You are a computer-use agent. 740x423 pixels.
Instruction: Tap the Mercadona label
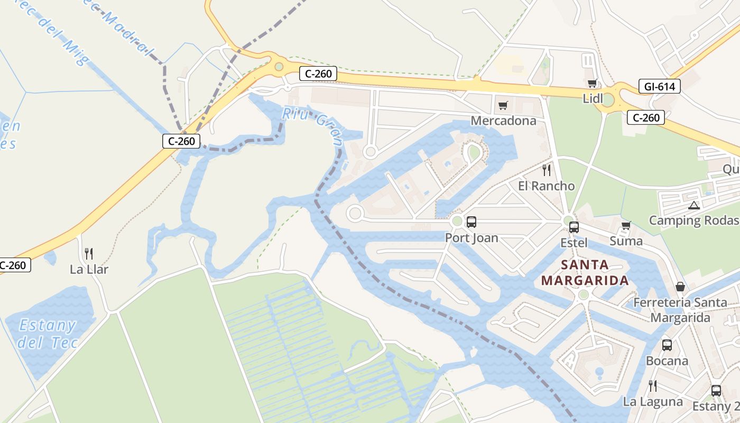tap(503, 121)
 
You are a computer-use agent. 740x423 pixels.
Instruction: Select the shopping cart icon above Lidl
tap(592, 83)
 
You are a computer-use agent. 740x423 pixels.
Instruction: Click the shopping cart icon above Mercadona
tap(503, 105)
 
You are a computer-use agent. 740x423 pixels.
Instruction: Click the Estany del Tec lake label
tap(48, 334)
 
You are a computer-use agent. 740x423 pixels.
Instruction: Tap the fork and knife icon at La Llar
tap(89, 254)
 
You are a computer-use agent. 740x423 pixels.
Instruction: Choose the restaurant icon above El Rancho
tap(547, 170)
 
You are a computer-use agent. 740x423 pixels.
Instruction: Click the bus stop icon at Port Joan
tap(471, 222)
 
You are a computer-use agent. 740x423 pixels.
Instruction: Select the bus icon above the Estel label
tap(573, 227)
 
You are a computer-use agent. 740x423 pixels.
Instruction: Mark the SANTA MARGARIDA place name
tap(585, 272)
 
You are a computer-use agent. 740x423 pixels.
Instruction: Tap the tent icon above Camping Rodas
tap(694, 205)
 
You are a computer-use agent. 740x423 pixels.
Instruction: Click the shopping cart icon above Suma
tap(626, 226)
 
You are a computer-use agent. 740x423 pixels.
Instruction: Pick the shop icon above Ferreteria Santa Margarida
tap(680, 287)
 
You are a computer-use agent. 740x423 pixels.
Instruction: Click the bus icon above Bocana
tap(667, 345)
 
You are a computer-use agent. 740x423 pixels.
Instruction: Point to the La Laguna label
tap(653, 402)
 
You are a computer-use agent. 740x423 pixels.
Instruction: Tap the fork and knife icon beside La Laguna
tap(653, 386)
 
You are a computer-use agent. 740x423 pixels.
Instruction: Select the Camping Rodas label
tap(693, 220)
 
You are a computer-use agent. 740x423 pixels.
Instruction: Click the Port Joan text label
tap(471, 238)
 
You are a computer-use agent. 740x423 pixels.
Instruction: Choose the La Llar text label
tap(89, 270)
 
